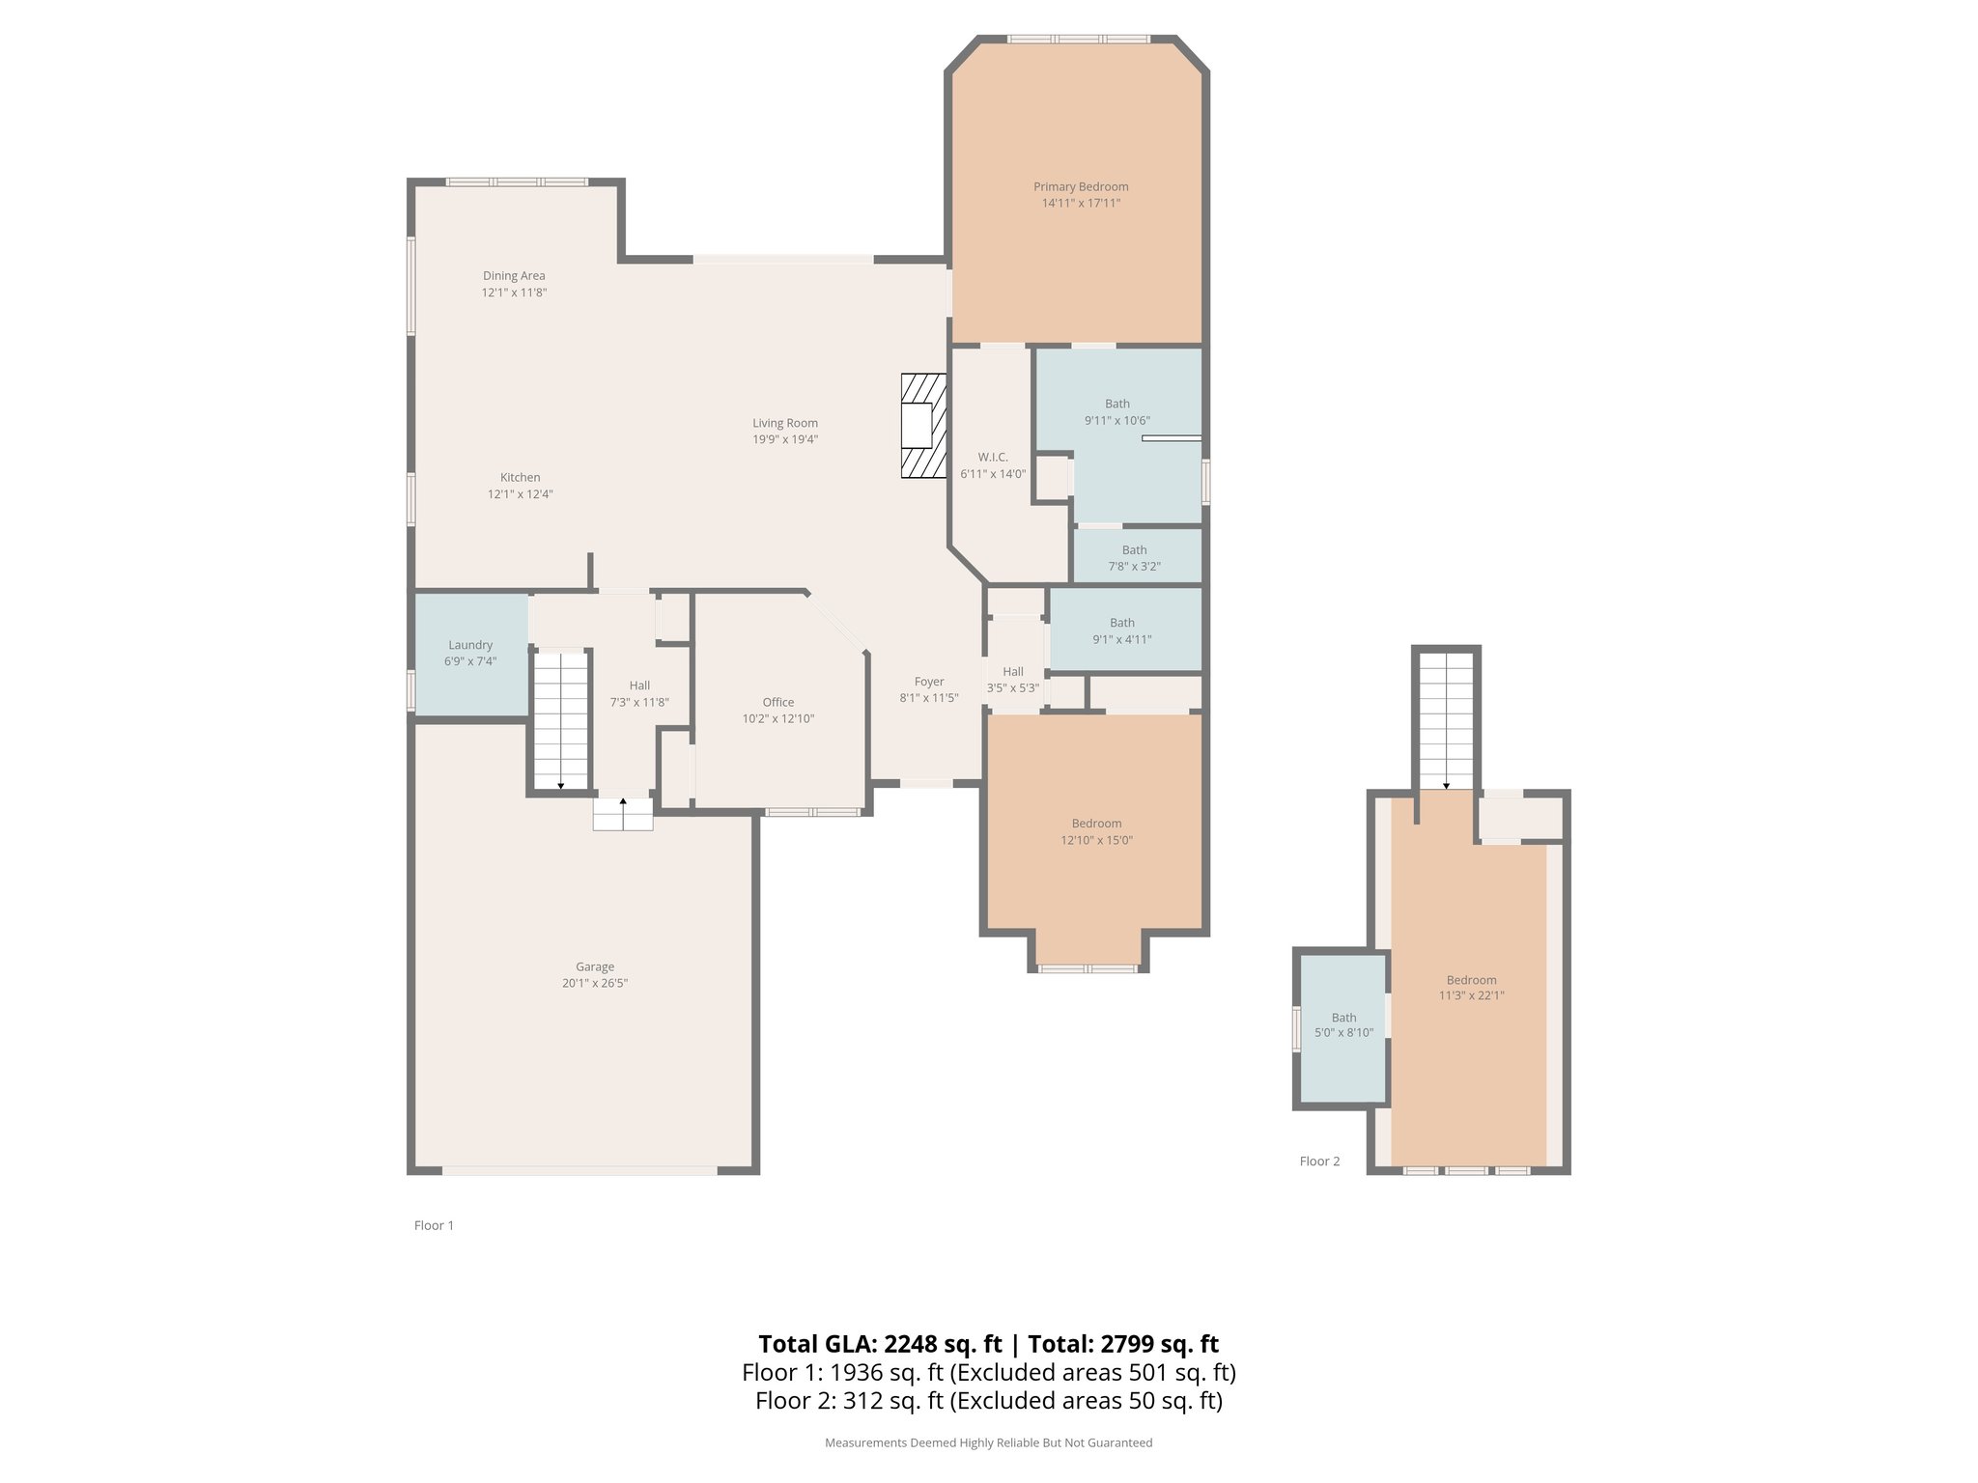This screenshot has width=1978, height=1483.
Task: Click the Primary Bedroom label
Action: pos(1081,186)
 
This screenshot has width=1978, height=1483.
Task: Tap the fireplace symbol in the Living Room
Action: pos(923,426)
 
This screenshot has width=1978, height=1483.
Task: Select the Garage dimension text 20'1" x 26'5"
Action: pos(595,983)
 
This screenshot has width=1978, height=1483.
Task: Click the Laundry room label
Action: pos(470,645)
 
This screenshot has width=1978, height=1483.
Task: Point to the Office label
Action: pos(778,702)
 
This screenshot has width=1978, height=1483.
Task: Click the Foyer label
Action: pos(929,682)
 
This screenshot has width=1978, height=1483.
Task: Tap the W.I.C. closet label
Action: pos(993,457)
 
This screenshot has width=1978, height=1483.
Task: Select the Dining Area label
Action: pos(514,275)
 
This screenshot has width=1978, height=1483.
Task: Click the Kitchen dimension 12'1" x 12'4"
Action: pos(521,494)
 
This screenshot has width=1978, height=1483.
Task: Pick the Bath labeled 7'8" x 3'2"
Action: pos(1135,558)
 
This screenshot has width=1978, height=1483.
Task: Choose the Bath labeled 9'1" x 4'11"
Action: pos(1122,630)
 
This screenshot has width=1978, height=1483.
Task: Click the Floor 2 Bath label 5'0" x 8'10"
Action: pos(1344,1024)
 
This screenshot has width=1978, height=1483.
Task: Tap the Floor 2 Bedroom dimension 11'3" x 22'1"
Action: pos(1472,995)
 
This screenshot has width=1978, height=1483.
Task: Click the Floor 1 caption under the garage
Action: pos(434,1225)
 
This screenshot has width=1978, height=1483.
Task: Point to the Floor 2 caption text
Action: pos(1320,1161)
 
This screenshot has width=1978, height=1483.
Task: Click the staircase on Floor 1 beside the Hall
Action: pos(561,720)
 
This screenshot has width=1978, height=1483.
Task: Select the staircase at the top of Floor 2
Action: pos(1446,720)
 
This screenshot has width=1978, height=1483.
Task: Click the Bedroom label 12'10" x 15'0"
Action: pos(1097,831)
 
